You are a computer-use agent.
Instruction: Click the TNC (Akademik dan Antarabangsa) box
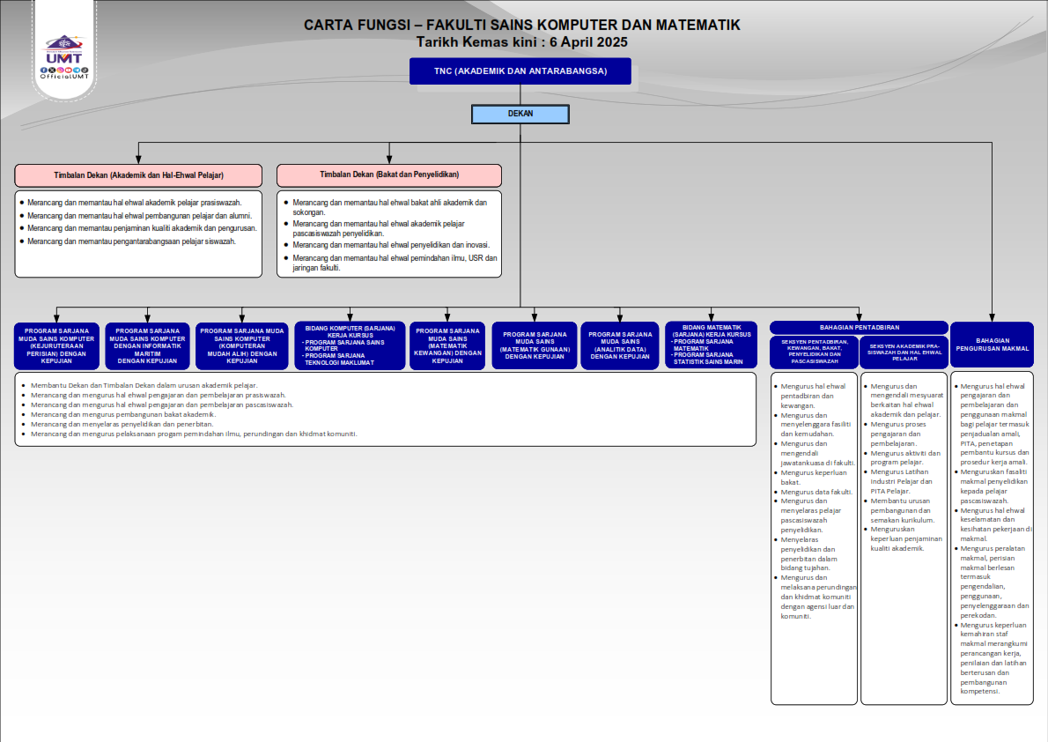pos(520,71)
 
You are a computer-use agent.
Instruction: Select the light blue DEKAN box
pos(520,114)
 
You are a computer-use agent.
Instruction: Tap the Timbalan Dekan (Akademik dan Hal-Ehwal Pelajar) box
pos(138,174)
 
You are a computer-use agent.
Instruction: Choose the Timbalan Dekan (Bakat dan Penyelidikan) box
pos(388,174)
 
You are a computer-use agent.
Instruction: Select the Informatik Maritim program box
pos(147,345)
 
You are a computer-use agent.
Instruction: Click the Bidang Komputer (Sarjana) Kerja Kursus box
pos(350,345)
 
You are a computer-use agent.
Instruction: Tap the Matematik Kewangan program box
pos(447,345)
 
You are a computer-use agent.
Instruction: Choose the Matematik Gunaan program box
pos(534,345)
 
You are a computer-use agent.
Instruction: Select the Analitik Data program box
pos(620,345)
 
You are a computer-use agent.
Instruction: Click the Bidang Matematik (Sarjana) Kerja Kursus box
pos(711,345)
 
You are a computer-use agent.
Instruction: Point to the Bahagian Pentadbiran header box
pos(859,327)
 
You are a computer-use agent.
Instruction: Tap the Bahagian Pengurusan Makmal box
pos(992,345)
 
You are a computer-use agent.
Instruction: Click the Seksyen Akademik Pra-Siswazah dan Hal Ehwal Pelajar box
pos(904,352)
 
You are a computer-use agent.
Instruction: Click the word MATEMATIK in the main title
pos(690,25)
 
